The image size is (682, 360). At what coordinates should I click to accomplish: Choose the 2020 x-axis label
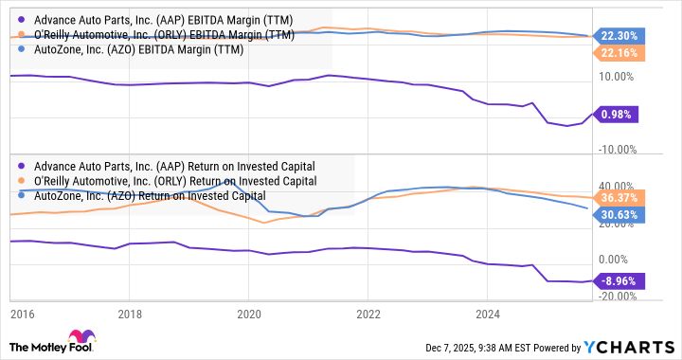click(248, 313)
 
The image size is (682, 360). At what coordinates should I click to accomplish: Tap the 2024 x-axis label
click(487, 313)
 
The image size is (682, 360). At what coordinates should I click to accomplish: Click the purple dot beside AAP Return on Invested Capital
click(22, 166)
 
